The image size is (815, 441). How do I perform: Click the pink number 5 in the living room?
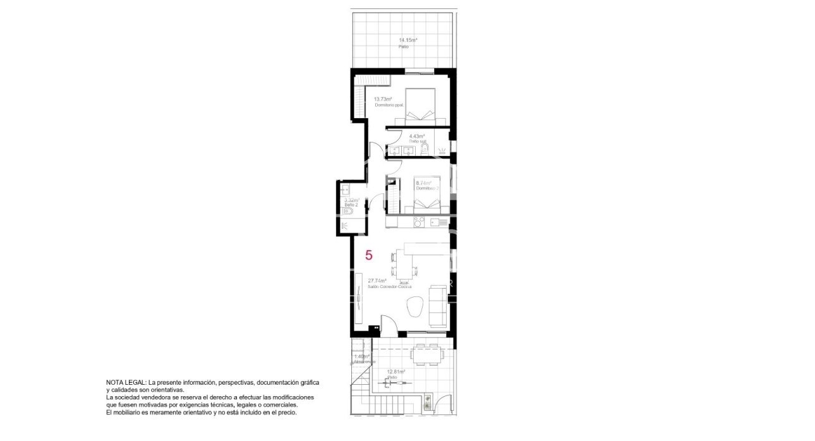pos(369,255)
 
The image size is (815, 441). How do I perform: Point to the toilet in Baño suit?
pos(425,150)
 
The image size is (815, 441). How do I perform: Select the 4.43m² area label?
pos(416,136)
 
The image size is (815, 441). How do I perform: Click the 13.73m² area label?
pos(382,99)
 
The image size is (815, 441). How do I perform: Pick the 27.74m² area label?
pos(377,281)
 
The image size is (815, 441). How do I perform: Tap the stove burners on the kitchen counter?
pos(418,222)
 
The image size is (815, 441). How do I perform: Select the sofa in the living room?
pos(437,306)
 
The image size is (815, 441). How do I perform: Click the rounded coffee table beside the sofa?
pos(415,306)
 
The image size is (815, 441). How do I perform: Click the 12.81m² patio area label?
pos(395,372)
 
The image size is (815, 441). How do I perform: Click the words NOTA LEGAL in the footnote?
pos(126,383)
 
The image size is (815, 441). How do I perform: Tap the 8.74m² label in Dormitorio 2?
pos(423,183)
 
